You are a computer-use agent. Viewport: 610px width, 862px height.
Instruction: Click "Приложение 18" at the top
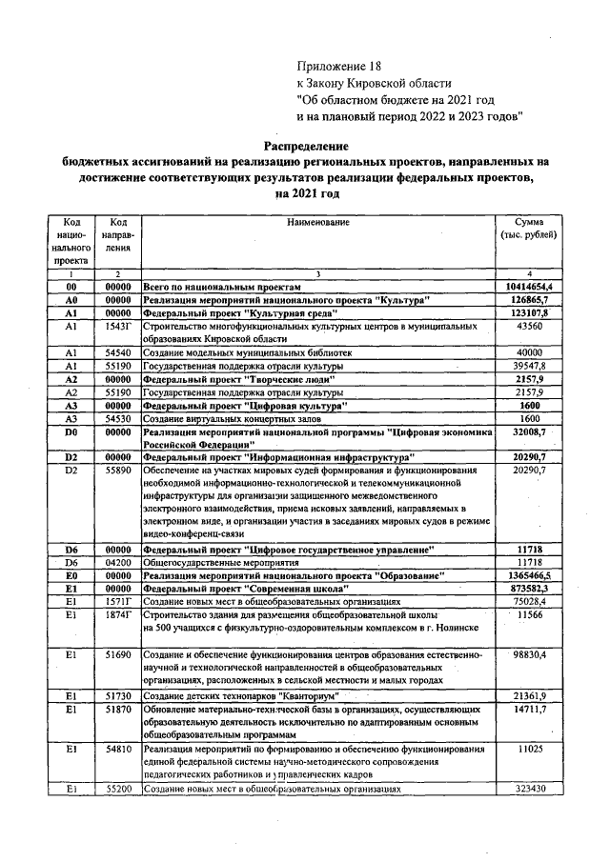click(337, 67)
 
